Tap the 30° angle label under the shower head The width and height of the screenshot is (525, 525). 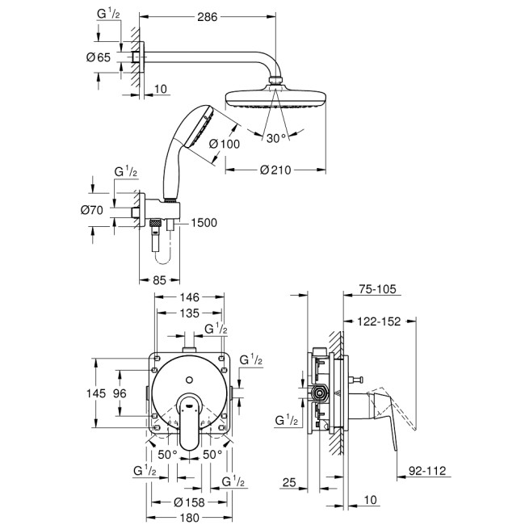[x=276, y=137]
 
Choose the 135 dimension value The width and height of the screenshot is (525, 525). [x=190, y=313]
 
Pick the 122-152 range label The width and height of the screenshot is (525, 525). [x=380, y=322]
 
